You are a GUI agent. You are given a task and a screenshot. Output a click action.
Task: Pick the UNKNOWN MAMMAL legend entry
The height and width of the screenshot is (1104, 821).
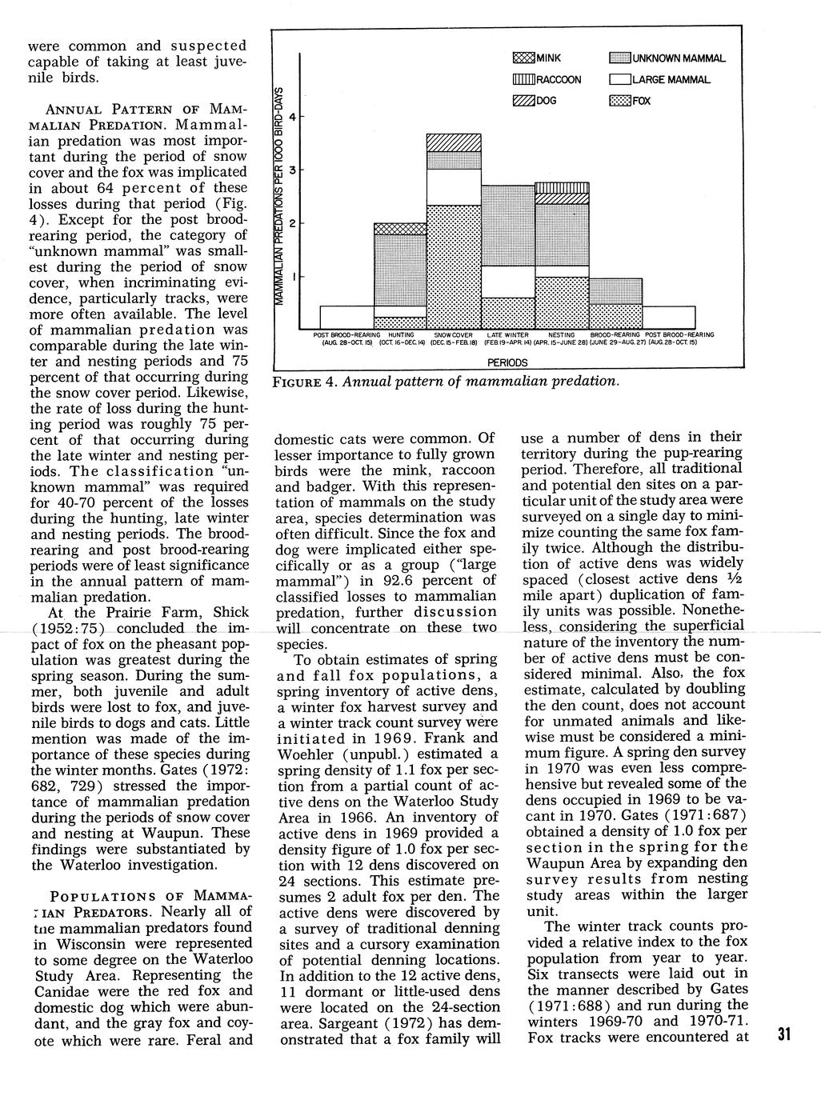click(x=667, y=58)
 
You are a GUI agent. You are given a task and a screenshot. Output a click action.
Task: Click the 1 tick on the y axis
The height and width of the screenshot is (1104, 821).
click(x=293, y=277)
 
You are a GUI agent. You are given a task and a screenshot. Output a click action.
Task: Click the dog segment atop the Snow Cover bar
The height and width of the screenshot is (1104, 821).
click(x=454, y=142)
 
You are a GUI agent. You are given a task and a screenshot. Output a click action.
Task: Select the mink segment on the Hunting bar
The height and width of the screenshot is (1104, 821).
click(x=400, y=229)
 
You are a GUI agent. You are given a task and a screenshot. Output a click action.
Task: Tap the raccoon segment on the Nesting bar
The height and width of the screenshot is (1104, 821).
click(x=562, y=188)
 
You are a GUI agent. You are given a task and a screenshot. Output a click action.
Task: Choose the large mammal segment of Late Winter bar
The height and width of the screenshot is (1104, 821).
click(x=507, y=282)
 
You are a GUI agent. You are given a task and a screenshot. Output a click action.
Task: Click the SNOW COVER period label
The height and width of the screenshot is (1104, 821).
click(x=454, y=334)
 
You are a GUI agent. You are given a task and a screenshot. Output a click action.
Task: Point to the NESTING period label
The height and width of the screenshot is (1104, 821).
click(x=562, y=334)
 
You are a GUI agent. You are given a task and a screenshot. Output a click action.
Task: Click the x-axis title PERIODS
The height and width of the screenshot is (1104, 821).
click(x=507, y=362)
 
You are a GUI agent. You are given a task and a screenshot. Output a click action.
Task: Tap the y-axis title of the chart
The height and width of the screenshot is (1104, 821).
click(x=279, y=192)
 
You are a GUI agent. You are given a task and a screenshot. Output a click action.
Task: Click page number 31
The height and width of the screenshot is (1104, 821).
click(x=783, y=1034)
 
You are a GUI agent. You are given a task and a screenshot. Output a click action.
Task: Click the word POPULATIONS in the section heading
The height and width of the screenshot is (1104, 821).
click(x=109, y=895)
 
